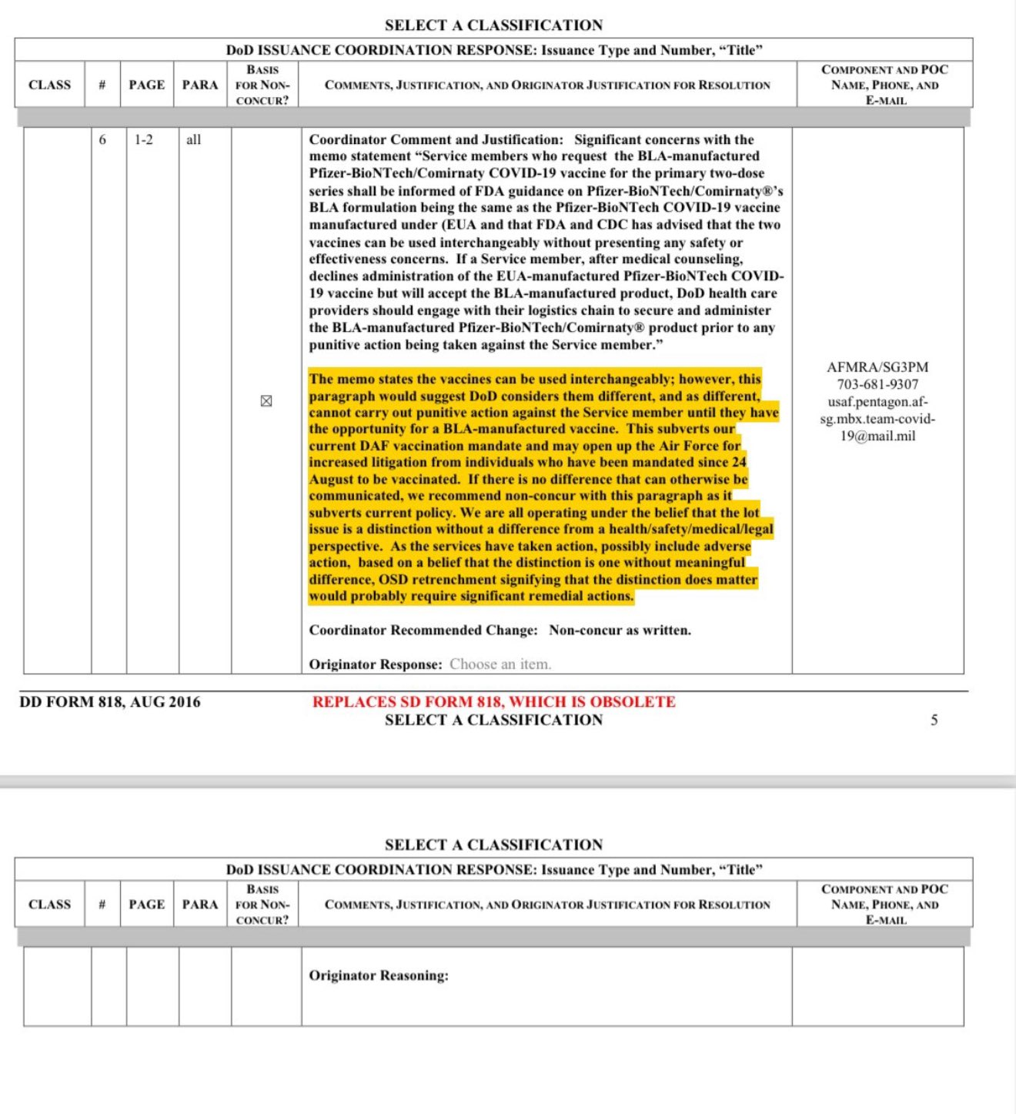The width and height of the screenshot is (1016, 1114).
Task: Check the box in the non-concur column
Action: click(266, 400)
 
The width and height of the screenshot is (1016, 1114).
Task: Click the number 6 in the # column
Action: click(102, 139)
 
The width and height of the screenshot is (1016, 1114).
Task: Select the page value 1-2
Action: click(143, 139)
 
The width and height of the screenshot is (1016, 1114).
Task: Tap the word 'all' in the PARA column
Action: click(193, 139)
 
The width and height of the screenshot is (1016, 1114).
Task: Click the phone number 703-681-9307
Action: click(877, 384)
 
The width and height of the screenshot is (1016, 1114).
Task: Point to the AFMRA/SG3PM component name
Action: click(877, 367)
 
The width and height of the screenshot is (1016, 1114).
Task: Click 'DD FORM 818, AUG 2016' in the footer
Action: click(110, 701)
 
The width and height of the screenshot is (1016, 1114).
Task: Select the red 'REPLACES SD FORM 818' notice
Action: click(493, 701)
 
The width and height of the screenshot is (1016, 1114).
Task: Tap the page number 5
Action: click(934, 720)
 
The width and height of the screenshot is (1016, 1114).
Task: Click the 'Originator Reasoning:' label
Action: click(379, 975)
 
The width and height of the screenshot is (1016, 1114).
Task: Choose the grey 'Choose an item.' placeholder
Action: click(500, 664)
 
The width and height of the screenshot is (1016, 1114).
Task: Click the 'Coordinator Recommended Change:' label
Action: click(423, 630)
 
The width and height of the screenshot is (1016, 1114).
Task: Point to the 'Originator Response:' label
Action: click(376, 664)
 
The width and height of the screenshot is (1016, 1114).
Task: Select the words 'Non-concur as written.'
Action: click(620, 630)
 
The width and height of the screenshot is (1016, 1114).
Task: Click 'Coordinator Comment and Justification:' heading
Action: click(436, 139)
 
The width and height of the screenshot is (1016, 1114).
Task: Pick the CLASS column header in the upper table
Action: click(49, 85)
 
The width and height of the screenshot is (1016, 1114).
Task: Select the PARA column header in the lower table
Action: click(200, 904)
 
